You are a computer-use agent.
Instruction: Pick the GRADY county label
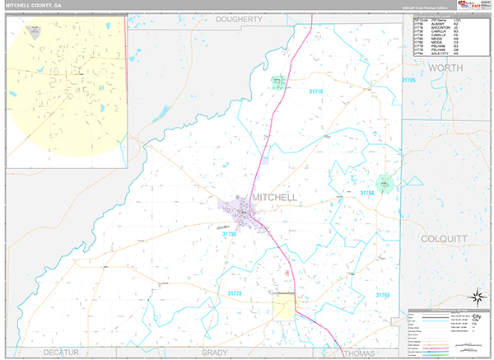[214, 353]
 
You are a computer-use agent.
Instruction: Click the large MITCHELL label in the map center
[274, 198]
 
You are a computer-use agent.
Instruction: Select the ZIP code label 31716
[317, 91]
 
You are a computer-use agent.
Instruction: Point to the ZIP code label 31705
[408, 80]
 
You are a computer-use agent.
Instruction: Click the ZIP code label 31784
[367, 193]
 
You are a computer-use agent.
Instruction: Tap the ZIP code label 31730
[230, 234]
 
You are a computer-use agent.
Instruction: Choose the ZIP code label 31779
[235, 292]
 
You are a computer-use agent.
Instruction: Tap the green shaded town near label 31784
[384, 182]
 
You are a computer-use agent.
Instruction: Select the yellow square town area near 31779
[284, 306]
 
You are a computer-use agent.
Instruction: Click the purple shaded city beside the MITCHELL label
[239, 213]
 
